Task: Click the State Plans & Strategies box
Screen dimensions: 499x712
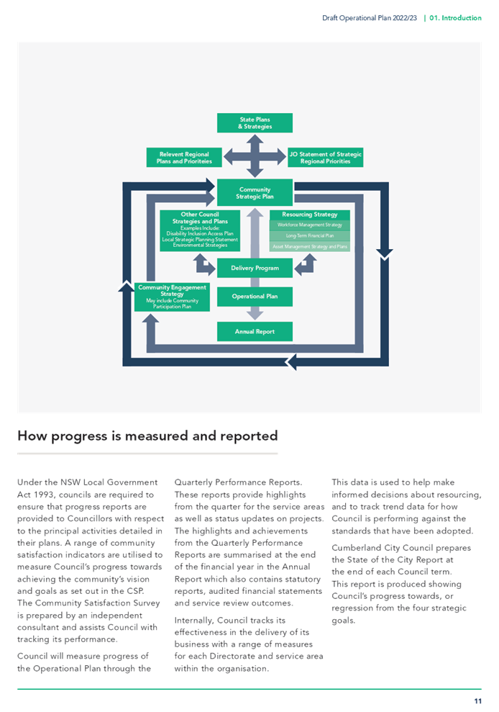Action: coord(255,123)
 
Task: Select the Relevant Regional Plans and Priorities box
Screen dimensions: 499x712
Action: coord(184,158)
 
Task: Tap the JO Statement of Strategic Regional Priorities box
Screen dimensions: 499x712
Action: coord(325,158)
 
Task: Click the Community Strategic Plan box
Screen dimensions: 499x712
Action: coord(255,192)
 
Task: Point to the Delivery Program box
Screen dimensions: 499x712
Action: coord(255,268)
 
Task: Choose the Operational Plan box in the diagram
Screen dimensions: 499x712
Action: coord(255,297)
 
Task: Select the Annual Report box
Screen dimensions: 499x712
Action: coord(255,331)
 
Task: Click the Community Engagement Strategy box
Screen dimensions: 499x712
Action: coord(172,297)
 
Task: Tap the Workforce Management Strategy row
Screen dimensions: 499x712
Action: coord(310,225)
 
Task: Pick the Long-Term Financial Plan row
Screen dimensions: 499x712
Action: coord(310,235)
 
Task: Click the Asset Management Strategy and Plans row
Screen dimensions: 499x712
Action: coord(310,246)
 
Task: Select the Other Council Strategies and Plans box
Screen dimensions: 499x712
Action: coord(200,230)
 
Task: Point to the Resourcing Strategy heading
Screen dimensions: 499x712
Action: coord(310,215)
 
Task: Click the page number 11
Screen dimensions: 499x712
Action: coord(477,701)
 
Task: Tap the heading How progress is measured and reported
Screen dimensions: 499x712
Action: coord(147,436)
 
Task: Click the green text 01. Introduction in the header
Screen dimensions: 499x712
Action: coord(455,18)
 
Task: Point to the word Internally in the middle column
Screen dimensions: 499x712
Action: coord(193,621)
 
